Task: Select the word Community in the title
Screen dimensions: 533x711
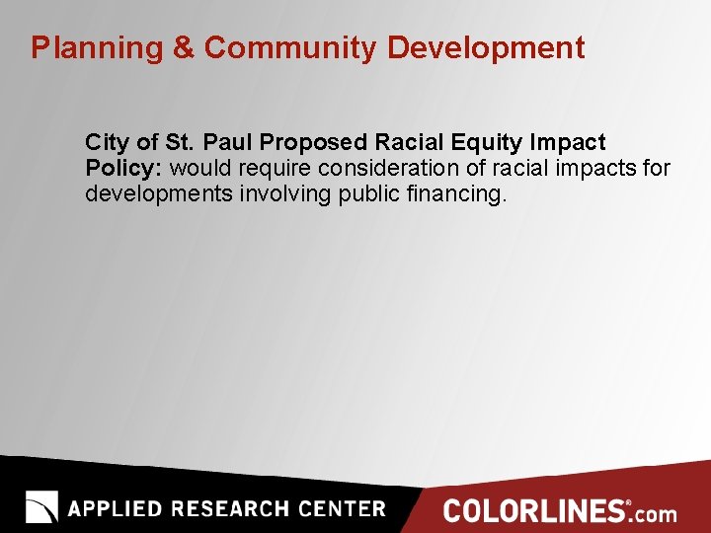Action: tap(289, 47)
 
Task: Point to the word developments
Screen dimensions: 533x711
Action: tap(157, 193)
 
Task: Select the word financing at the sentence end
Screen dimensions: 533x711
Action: tap(455, 193)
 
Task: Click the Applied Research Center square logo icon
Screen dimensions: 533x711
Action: tap(41, 507)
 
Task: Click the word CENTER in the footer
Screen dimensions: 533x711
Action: tap(342, 509)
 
